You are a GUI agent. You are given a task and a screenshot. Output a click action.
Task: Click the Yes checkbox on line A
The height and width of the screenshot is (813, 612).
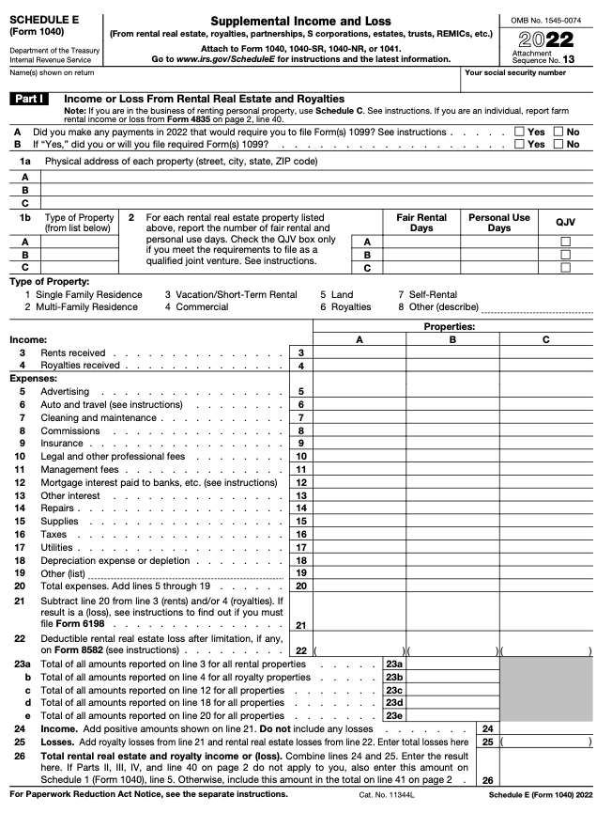(520, 133)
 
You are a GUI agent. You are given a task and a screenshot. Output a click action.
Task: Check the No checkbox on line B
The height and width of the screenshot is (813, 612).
(559, 144)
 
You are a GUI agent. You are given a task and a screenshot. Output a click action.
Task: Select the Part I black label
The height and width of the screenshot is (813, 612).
(31, 99)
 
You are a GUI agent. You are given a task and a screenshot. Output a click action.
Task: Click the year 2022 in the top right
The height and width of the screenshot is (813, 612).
(546, 39)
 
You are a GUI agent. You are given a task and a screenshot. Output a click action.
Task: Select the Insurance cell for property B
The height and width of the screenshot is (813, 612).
(452, 443)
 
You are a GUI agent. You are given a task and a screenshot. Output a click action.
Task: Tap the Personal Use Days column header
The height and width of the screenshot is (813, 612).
(499, 223)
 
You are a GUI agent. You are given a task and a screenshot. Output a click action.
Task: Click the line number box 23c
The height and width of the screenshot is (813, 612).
(395, 690)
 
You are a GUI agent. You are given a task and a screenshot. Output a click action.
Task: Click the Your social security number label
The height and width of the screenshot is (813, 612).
(515, 72)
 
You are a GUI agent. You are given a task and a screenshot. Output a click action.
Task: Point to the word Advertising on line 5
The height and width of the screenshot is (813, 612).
(65, 391)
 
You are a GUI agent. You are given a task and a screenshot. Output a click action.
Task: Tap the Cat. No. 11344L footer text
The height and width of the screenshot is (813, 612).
(387, 794)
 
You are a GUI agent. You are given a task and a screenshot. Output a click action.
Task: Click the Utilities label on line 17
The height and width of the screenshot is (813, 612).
(56, 547)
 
